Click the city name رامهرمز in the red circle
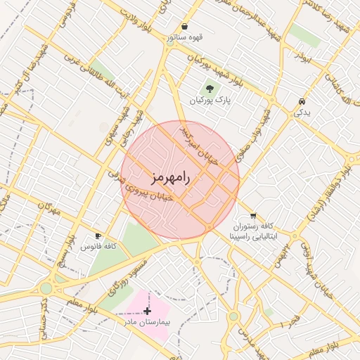[171, 177]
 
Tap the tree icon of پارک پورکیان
[210, 89]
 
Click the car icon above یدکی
[302, 101]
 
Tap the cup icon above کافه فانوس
[98, 236]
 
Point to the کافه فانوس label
[98, 247]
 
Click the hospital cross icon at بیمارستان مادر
[147, 310]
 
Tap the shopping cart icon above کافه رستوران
[252, 215]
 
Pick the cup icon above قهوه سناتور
[184, 26]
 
